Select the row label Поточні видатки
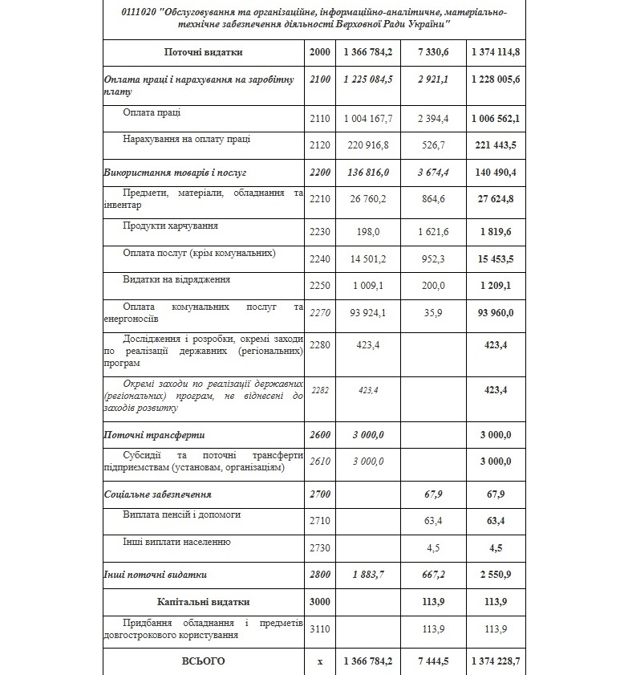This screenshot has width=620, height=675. point(203,52)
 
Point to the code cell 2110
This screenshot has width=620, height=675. point(319,119)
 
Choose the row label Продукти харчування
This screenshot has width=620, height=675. point(170,226)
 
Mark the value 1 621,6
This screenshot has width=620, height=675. point(433,232)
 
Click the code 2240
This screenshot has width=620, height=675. point(319,259)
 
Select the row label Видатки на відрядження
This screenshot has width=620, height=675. point(176,280)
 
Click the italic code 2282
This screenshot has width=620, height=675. point(319,390)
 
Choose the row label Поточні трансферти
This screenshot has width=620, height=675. point(153,434)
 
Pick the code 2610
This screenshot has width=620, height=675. point(319,461)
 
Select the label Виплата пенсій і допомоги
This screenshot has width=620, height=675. point(181,514)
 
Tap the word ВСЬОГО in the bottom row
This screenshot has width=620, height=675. point(203,661)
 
